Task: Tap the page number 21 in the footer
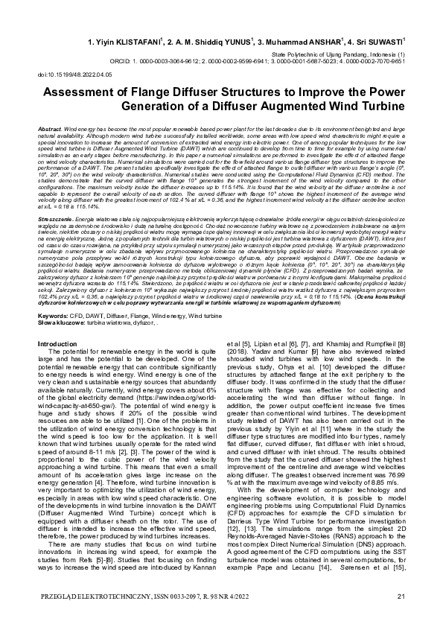[401, 596]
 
